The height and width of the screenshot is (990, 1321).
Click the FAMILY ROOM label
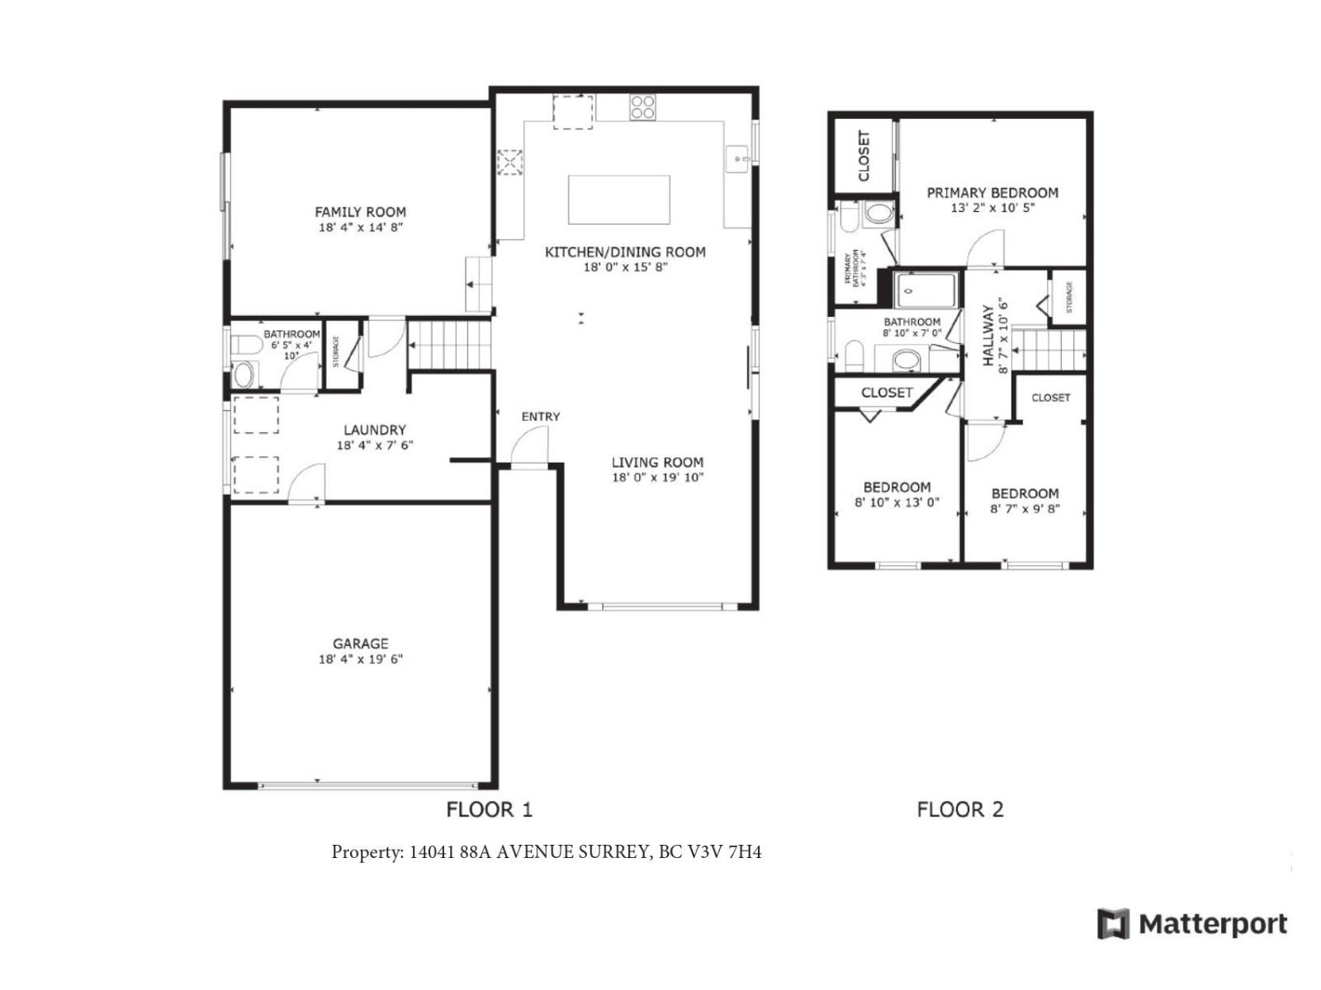click(360, 212)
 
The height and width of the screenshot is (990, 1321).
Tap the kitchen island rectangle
click(618, 200)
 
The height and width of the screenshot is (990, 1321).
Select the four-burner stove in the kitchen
click(642, 108)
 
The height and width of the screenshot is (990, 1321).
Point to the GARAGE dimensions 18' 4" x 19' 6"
click(360, 659)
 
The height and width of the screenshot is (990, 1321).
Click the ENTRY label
click(540, 417)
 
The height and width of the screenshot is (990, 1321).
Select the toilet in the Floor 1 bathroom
click(245, 344)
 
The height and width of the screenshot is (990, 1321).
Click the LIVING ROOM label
click(657, 462)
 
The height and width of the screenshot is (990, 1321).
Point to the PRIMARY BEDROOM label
click(992, 193)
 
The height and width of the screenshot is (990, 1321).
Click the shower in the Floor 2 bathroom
click(926, 290)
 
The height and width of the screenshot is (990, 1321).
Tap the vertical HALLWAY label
click(987, 335)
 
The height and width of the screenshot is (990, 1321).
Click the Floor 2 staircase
click(1049, 350)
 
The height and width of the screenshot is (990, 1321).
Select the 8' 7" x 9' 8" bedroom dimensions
click(1025, 509)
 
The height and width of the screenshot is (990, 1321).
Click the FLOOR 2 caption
click(960, 809)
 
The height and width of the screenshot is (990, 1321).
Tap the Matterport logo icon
click(1112, 923)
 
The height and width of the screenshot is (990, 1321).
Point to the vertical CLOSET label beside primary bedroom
click(864, 155)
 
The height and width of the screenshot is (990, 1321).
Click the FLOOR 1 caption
click(490, 809)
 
